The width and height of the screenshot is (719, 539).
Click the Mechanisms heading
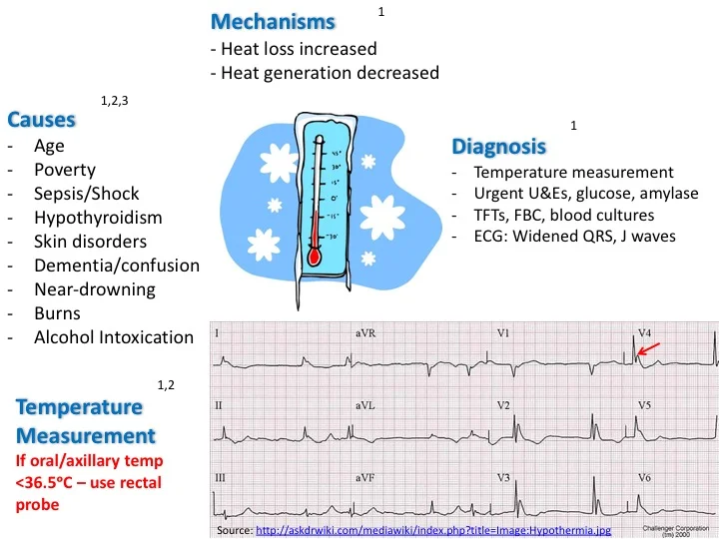pos(273,22)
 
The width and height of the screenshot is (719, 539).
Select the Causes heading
pos(41,120)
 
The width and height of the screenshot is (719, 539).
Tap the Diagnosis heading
pos(498,147)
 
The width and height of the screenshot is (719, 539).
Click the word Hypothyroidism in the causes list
pos(98,218)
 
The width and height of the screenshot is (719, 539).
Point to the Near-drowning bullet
pos(95,289)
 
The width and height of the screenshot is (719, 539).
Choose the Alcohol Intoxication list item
pos(113,337)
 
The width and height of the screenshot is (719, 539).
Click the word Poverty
pos(66,170)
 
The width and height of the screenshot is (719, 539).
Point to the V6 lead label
pos(647,478)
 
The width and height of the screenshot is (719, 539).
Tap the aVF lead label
pos(365,478)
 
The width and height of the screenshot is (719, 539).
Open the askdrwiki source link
pos(432,529)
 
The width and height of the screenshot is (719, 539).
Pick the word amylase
pos(669,194)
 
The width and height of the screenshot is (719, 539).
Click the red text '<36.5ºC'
pos(45,483)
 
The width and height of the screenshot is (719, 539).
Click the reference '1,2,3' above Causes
pos(115,101)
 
